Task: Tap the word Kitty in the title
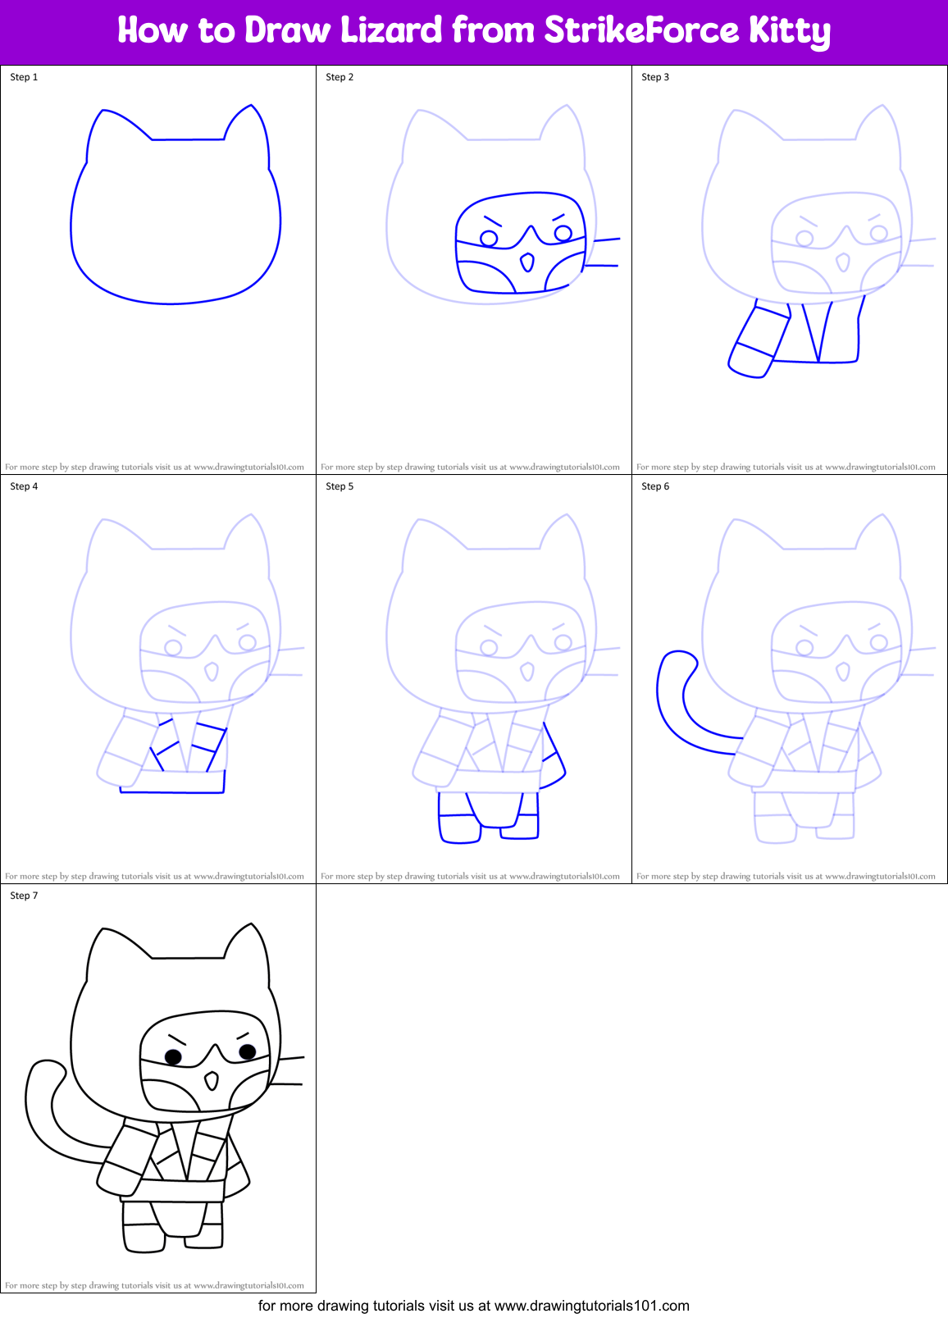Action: click(788, 31)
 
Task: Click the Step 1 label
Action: click(24, 77)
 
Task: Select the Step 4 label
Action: click(24, 486)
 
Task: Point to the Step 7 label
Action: click(24, 896)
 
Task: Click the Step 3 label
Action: click(655, 77)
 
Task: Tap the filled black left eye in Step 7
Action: click(173, 1056)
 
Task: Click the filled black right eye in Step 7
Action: click(247, 1051)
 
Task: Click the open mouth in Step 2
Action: click(527, 262)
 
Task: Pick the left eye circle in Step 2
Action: click(489, 239)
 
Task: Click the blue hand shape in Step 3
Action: click(748, 362)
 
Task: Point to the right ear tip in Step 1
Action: click(251, 106)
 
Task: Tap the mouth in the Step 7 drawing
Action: click(212, 1081)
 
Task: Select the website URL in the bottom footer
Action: click(591, 1306)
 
